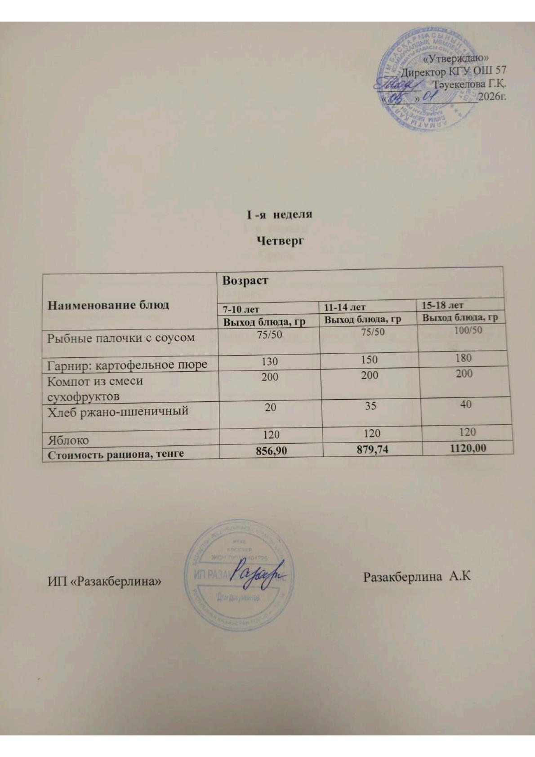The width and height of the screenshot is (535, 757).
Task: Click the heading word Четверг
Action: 280,241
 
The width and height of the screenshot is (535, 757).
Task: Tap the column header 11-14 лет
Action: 344,307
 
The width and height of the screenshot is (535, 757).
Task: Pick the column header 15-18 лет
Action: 442,305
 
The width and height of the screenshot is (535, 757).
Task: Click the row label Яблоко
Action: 68,440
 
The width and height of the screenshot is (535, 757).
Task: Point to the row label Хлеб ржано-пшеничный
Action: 118,411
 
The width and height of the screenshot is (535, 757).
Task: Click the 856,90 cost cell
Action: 271,451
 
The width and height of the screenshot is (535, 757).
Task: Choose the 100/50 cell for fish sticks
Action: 466,330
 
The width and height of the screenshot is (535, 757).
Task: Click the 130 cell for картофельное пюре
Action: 270,361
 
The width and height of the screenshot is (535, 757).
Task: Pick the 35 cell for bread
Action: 370,406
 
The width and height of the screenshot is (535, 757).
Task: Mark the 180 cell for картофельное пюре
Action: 464,358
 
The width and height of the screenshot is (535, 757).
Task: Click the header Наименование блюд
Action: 108,305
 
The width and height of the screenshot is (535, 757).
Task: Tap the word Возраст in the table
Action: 245,281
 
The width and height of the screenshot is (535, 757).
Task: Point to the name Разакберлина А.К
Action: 416,577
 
